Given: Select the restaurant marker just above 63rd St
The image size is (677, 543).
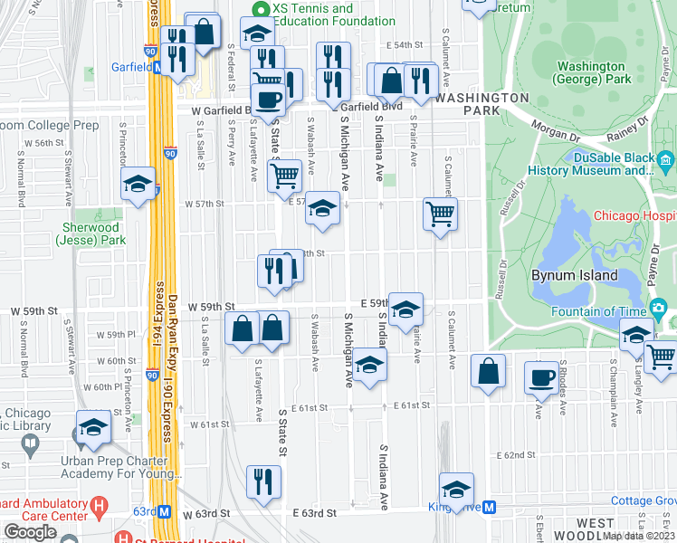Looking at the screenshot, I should point(263,480).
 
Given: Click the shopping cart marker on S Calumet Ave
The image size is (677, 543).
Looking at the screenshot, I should point(440,214).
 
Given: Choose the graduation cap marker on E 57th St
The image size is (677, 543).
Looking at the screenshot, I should point(322,208).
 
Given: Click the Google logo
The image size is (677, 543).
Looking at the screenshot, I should point(30,531).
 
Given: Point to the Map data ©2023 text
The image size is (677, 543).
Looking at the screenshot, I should point(638,536).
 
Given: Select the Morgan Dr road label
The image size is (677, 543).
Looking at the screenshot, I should point(553,128).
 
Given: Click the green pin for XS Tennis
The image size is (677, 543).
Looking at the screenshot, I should point(260,9).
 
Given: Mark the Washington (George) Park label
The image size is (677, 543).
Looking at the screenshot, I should point(591,72).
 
